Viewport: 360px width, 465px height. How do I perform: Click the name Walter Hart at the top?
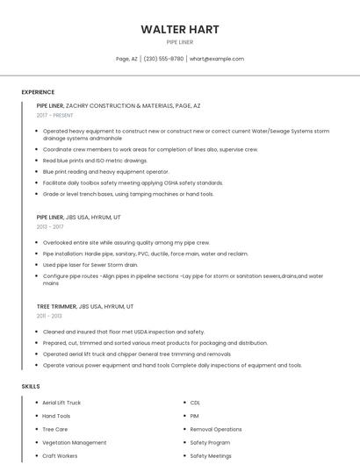180,29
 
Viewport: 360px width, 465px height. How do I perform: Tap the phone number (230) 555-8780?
164,59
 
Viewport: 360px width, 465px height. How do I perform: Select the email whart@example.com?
217,59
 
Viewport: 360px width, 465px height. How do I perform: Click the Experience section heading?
38,92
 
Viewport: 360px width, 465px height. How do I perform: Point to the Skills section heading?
31,386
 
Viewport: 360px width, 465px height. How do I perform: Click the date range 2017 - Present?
54,115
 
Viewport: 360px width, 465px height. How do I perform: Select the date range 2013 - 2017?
50,226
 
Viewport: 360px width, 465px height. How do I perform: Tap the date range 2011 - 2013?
49,316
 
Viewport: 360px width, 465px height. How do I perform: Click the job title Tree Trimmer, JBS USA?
85,306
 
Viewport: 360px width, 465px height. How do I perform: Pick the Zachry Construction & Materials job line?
119,105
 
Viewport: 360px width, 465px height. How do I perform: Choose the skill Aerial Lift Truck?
61,403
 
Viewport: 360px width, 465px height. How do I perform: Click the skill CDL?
195,403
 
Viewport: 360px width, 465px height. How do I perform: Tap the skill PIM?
194,416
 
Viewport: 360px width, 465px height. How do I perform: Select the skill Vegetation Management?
74,443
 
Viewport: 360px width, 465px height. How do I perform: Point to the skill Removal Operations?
216,430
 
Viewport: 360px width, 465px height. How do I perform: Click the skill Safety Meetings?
211,456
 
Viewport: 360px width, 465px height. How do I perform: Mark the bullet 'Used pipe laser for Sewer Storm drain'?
90,264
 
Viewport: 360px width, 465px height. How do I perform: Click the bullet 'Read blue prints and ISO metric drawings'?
95,161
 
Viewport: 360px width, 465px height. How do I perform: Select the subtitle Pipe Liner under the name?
180,41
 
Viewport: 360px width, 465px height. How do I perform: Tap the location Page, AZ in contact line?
127,59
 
